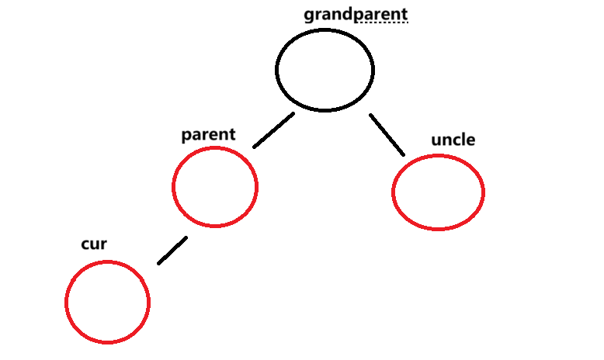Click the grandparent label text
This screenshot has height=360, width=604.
(356, 14)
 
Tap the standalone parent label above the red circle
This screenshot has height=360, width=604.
(207, 134)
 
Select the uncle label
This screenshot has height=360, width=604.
(453, 140)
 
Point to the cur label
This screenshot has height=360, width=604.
(94, 244)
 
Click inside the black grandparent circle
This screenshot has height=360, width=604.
(325, 70)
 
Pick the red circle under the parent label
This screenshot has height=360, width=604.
(214, 186)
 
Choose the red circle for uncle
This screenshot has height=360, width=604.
(438, 192)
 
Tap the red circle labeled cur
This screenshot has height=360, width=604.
(107, 302)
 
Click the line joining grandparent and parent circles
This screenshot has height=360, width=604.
(273, 130)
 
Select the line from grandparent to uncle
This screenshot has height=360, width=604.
(387, 134)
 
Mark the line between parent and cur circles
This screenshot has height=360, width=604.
(172, 250)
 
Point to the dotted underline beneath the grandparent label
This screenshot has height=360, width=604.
(380, 22)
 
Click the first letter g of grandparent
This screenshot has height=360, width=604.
(309, 15)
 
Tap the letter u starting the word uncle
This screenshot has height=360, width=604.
(436, 140)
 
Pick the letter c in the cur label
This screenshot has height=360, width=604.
(85, 245)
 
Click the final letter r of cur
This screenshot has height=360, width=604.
(103, 245)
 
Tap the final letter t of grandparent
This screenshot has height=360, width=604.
(404, 14)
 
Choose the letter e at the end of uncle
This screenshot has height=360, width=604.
(470, 140)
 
